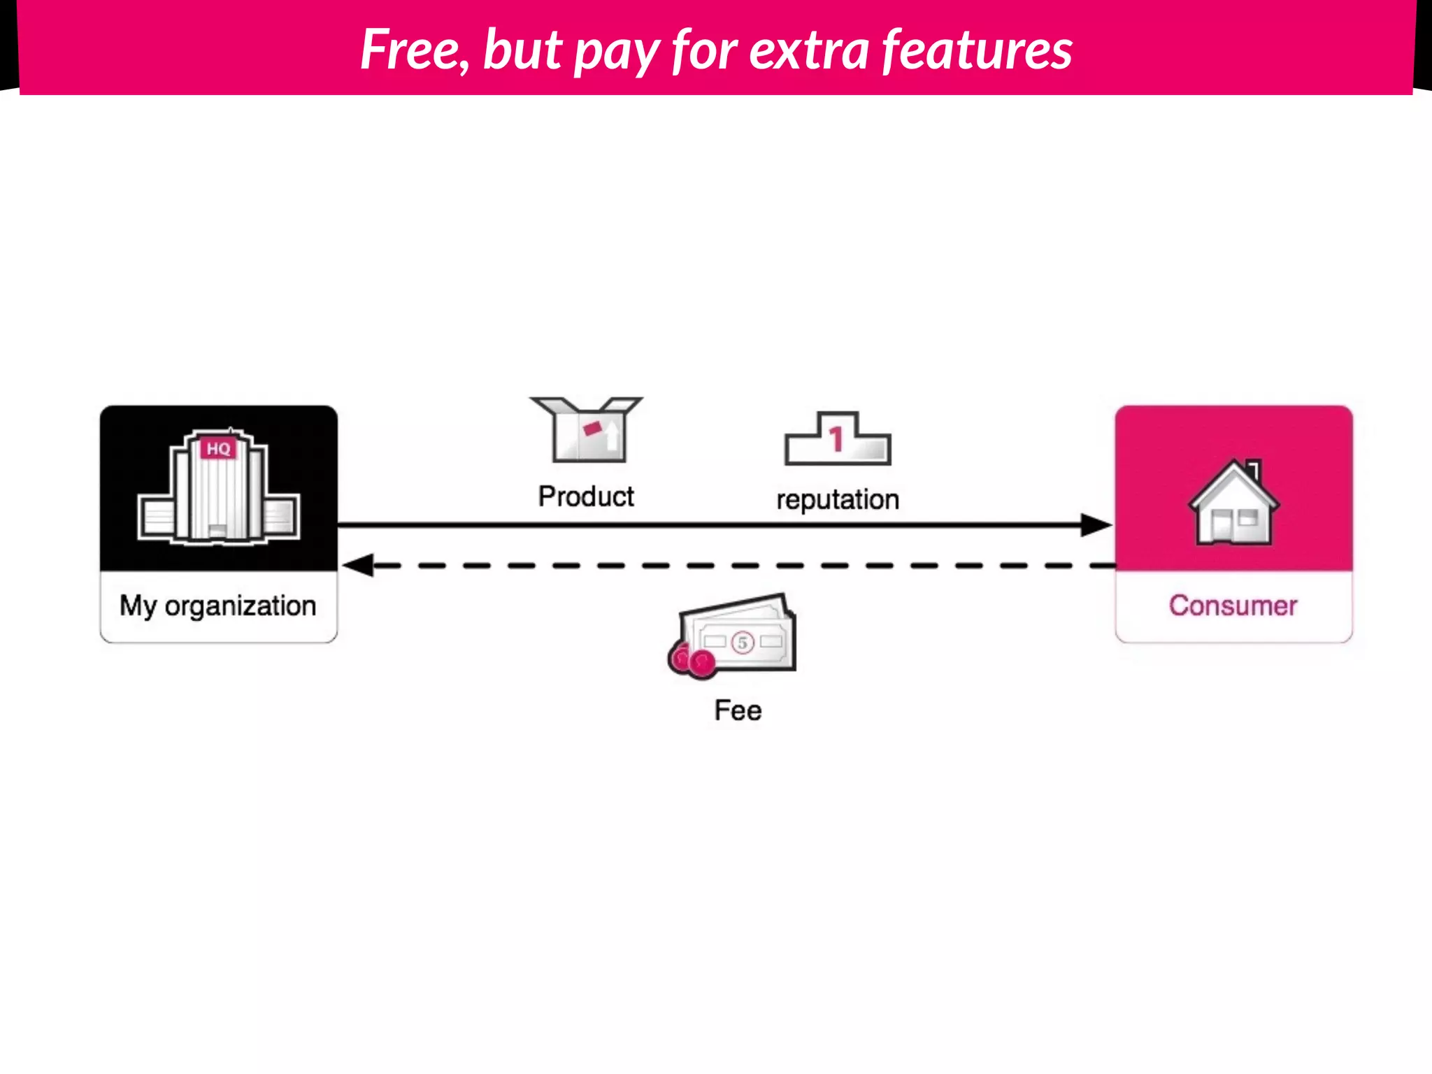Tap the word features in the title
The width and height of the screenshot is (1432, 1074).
(x=977, y=50)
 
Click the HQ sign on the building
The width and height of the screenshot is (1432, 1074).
(x=219, y=448)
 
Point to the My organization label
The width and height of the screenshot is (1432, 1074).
(x=218, y=606)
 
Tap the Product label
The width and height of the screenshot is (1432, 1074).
(x=586, y=496)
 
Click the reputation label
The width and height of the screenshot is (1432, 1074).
(x=838, y=500)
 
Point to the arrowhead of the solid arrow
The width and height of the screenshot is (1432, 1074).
(x=1096, y=524)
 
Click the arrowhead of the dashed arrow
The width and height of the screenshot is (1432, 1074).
(x=359, y=565)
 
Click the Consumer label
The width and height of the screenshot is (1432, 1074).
(x=1233, y=606)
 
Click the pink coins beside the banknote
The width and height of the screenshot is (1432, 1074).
(x=692, y=660)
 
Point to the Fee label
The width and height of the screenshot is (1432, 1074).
(x=738, y=710)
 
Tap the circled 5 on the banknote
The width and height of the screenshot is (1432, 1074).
(x=743, y=643)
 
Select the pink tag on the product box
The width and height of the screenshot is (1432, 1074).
(x=592, y=428)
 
